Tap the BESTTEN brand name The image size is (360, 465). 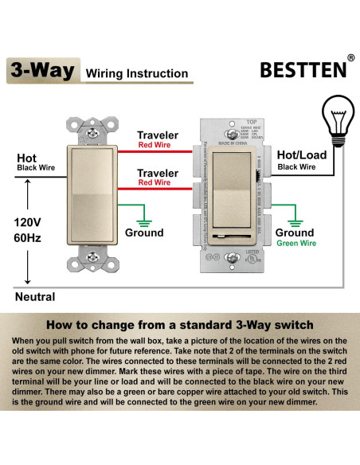point(303,69)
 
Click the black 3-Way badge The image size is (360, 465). point(42,70)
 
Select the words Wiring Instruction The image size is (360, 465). point(136,74)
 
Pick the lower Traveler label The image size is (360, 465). point(157,173)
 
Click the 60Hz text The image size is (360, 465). point(28,239)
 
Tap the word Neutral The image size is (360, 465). point(35,297)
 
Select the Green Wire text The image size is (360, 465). point(295,244)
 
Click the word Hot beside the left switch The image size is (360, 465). point(27,158)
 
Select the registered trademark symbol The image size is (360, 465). point(350,58)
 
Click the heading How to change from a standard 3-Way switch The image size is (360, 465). point(180,325)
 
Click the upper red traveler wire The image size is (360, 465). point(151,150)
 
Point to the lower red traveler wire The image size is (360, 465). point(151,188)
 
